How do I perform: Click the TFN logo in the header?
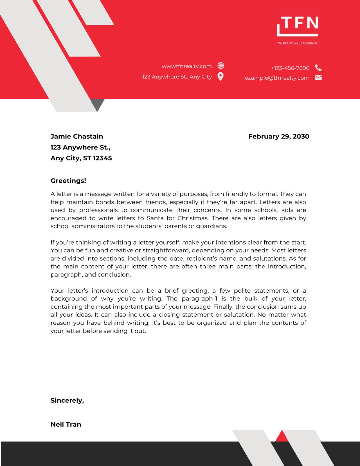click(298, 26)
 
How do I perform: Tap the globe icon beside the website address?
click(221, 66)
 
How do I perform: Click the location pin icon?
click(221, 76)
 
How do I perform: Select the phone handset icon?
click(318, 68)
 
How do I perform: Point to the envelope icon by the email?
click(318, 77)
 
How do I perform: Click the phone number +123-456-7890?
click(290, 68)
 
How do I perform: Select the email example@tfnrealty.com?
click(277, 78)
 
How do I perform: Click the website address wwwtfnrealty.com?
click(186, 66)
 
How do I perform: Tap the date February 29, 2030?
click(278, 136)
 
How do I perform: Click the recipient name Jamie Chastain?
click(77, 136)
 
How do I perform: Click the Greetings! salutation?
click(68, 181)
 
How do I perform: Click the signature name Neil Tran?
click(66, 424)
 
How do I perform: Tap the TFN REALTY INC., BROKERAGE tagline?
click(297, 43)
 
